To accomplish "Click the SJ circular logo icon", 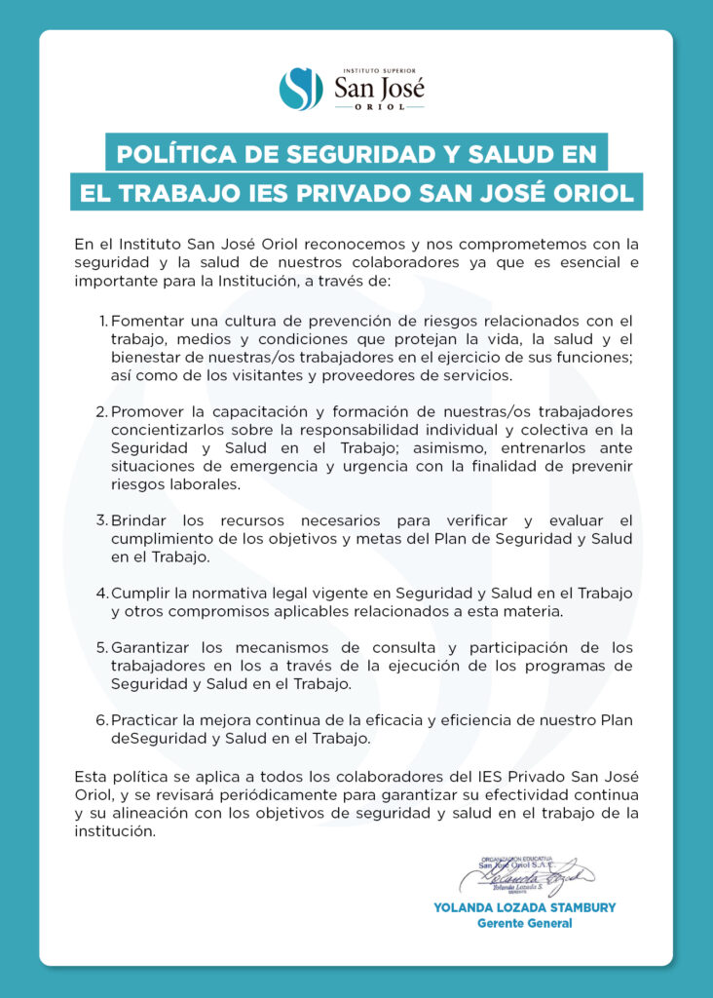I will [301, 89].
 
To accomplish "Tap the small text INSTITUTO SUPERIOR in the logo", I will [375, 70].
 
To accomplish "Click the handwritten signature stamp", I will [525, 875].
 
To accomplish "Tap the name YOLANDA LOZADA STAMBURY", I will [524, 907].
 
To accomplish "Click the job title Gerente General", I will [524, 924].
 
